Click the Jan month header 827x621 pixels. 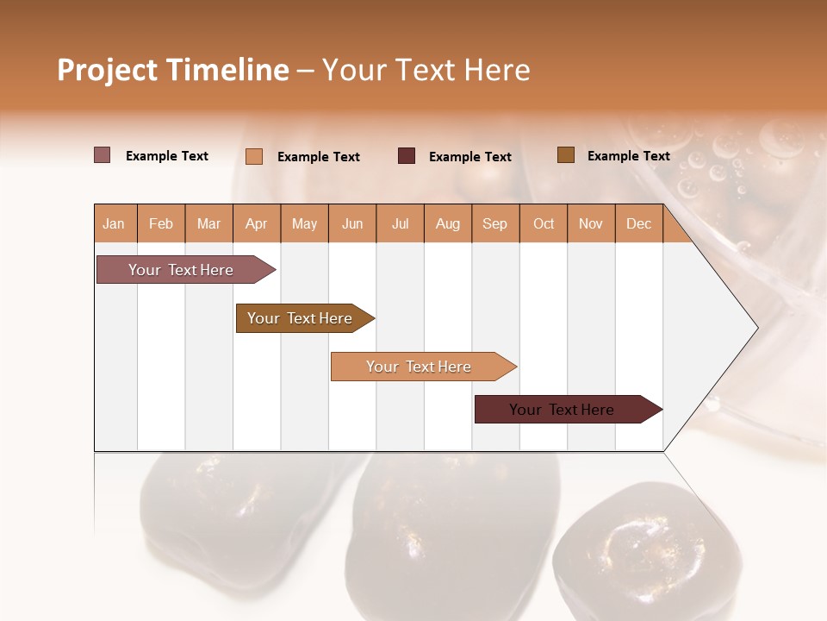click(x=114, y=224)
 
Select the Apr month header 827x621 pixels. click(x=256, y=224)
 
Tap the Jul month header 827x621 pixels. click(x=400, y=224)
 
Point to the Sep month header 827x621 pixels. click(x=494, y=224)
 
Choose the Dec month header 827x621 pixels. click(x=638, y=224)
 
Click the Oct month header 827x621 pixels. click(x=544, y=224)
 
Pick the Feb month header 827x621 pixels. click(x=161, y=224)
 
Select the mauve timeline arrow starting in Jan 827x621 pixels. click(x=181, y=270)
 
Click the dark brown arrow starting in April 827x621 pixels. click(x=300, y=318)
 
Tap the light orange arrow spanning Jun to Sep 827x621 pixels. click(x=419, y=367)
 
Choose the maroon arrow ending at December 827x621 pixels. click(x=562, y=410)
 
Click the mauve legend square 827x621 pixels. click(x=102, y=155)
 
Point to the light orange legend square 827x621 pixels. click(x=254, y=156)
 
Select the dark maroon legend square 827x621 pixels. click(x=407, y=156)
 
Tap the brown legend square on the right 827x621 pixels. click(x=566, y=155)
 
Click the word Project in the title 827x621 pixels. click(x=106, y=70)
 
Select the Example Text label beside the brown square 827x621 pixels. click(x=628, y=156)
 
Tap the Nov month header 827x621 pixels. click(x=591, y=224)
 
